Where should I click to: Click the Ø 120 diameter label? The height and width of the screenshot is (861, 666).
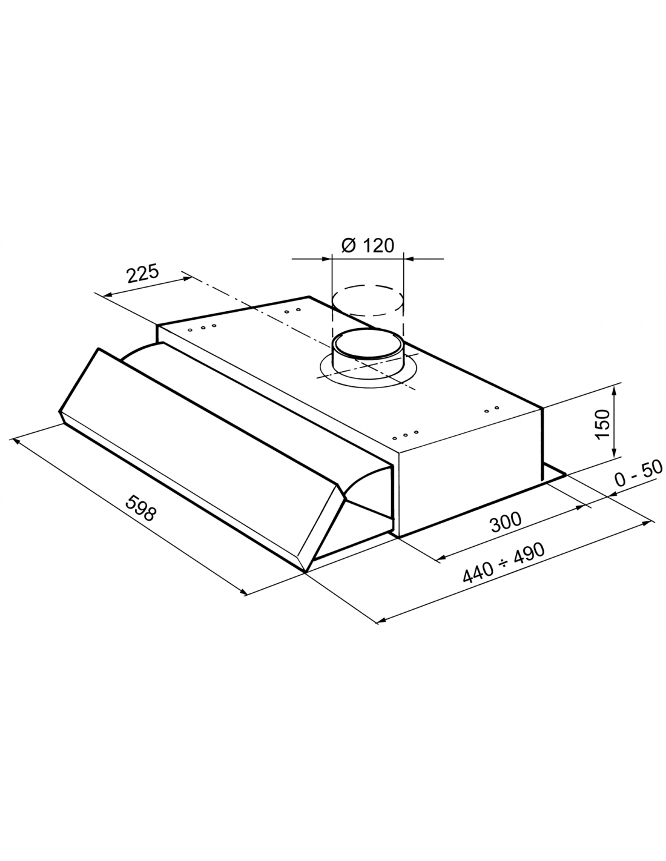368,246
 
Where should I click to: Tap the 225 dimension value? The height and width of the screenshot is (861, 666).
142,274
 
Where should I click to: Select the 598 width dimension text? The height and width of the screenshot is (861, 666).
141,509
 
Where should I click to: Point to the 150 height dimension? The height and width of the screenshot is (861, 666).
602,424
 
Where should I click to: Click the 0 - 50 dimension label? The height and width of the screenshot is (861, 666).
638,473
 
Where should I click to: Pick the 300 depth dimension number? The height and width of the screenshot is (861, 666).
506,522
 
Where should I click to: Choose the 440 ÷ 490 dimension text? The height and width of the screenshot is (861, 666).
503,563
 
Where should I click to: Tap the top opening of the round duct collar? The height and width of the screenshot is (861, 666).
368,343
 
